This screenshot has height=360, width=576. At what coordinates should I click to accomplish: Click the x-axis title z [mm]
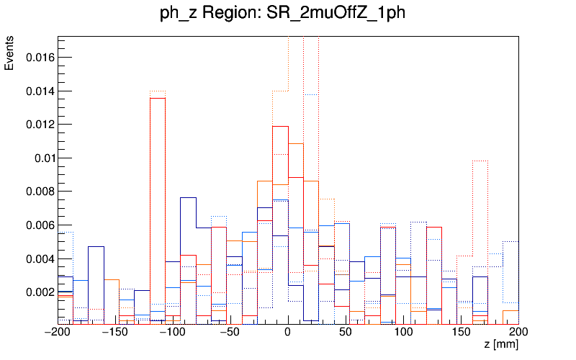pyautogui.click(x=500, y=345)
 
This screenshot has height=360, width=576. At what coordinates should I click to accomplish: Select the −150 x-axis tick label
pyautogui.click(x=115, y=333)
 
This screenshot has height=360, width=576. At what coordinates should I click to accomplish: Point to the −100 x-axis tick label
pyautogui.click(x=173, y=333)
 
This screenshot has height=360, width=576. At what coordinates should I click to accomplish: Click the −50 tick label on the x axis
pyautogui.click(x=230, y=333)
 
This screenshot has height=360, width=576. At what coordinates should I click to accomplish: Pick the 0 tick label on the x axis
pyautogui.click(x=288, y=333)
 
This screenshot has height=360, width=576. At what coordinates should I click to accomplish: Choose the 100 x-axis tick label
pyautogui.click(x=403, y=333)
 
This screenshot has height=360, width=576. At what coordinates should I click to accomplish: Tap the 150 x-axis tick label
pyautogui.click(x=461, y=333)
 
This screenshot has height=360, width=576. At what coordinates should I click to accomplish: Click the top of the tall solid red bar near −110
pyautogui.click(x=158, y=98)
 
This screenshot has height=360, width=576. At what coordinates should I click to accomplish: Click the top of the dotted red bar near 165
pyautogui.click(x=480, y=161)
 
